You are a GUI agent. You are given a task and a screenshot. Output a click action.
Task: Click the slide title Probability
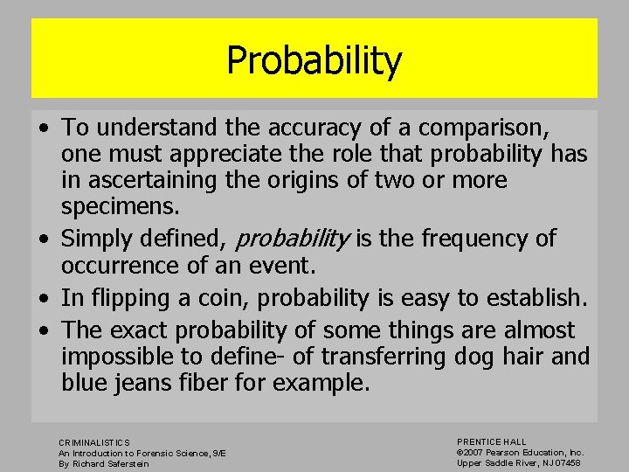pos(314,60)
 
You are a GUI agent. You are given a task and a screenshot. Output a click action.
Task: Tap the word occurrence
pos(130,265)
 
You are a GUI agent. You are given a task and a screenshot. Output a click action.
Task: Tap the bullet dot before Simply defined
pos(44,239)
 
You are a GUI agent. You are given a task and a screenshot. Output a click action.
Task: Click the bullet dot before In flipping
pos(44,299)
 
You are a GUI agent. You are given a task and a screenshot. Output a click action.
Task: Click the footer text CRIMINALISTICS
pos(94,443)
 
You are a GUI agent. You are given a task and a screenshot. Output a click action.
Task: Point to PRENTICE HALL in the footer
pos(492,442)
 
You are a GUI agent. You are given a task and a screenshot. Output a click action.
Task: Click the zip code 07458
pos(567,462)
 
